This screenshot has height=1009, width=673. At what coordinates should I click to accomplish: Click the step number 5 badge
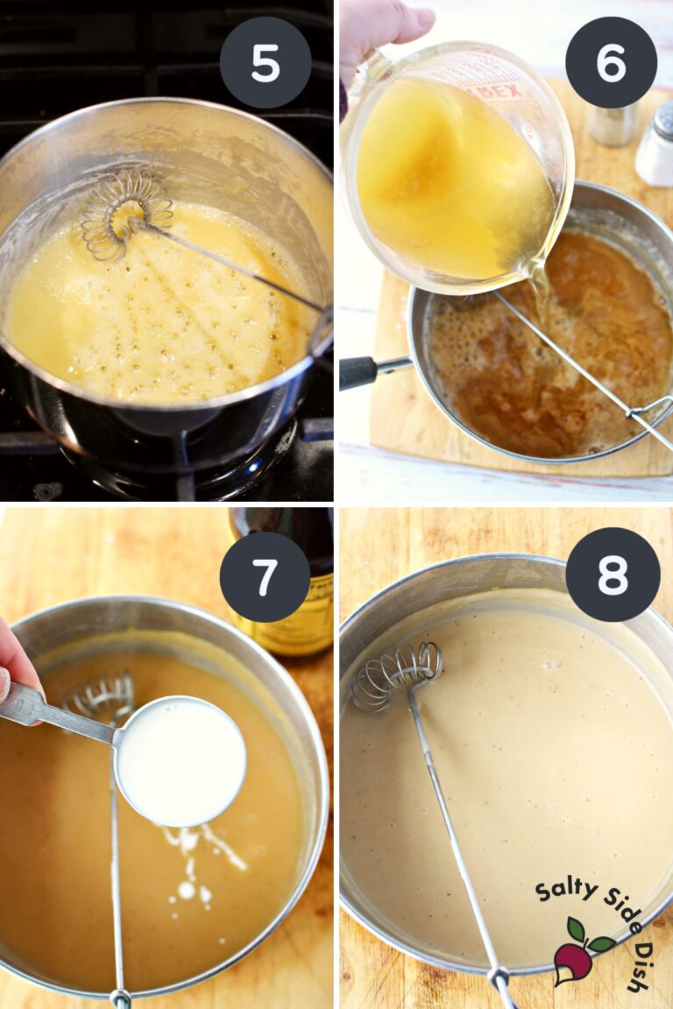266,62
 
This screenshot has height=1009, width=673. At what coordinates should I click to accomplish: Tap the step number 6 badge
611,62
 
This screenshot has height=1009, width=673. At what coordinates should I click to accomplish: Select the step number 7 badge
266,576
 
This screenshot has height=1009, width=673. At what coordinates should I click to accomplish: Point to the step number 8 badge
613,574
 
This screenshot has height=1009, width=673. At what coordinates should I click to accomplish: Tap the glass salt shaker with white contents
655,145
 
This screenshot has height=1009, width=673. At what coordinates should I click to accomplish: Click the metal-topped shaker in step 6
613,123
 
